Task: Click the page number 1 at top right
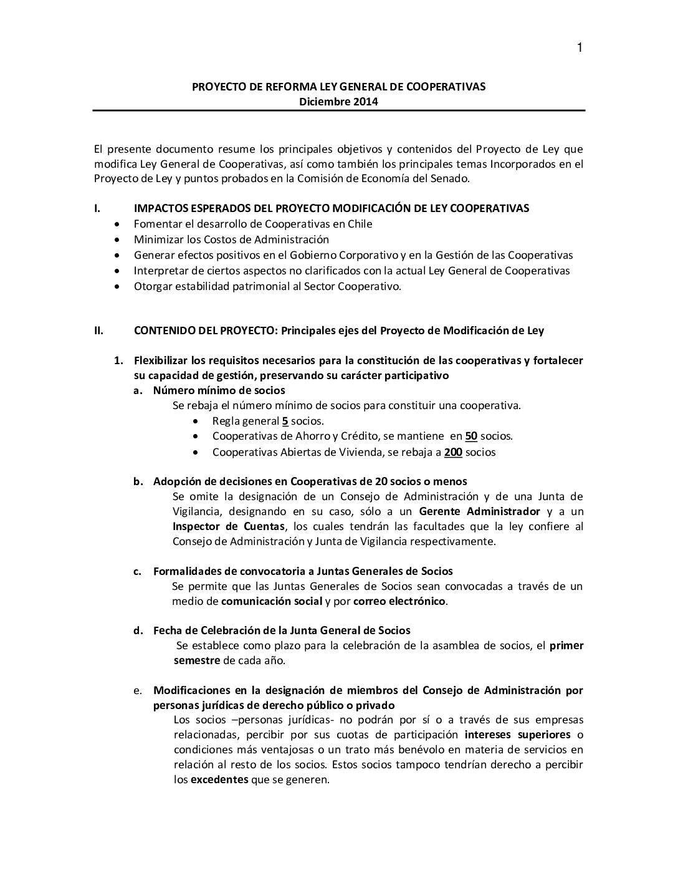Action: (580, 48)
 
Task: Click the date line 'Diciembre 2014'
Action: (338, 102)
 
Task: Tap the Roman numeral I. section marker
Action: (97, 208)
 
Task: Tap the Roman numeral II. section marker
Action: (98, 330)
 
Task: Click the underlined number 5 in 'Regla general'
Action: (285, 421)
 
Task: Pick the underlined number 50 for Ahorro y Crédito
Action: (470, 436)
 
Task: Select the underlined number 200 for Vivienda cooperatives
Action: (453, 452)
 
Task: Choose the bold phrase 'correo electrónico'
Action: (399, 601)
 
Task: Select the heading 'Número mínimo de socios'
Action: (219, 390)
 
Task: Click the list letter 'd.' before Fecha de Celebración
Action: (138, 630)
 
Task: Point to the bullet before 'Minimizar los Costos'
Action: (119, 239)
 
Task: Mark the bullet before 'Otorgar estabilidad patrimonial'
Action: (119, 287)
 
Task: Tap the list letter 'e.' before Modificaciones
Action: (138, 690)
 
